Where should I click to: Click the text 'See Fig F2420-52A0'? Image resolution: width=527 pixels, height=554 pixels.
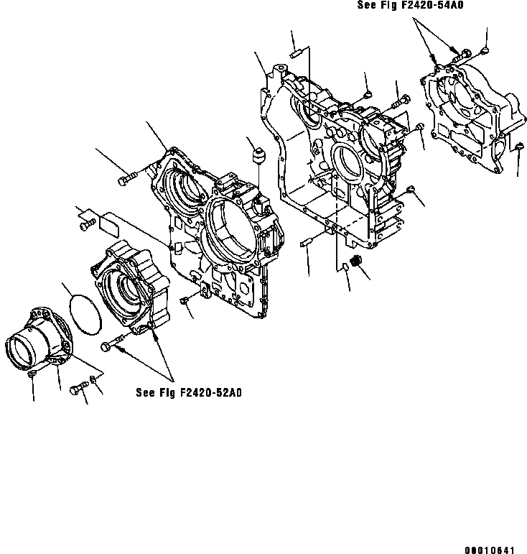tap(189, 392)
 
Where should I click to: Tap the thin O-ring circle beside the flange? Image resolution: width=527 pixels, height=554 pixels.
tap(85, 313)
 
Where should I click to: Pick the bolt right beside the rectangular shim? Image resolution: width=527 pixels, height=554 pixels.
tap(85, 226)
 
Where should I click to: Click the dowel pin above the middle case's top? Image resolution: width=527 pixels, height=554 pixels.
tap(295, 53)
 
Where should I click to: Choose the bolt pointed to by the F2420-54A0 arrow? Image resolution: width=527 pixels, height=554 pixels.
tap(461, 53)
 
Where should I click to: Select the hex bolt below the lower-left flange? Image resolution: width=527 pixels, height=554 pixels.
tap(78, 389)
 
